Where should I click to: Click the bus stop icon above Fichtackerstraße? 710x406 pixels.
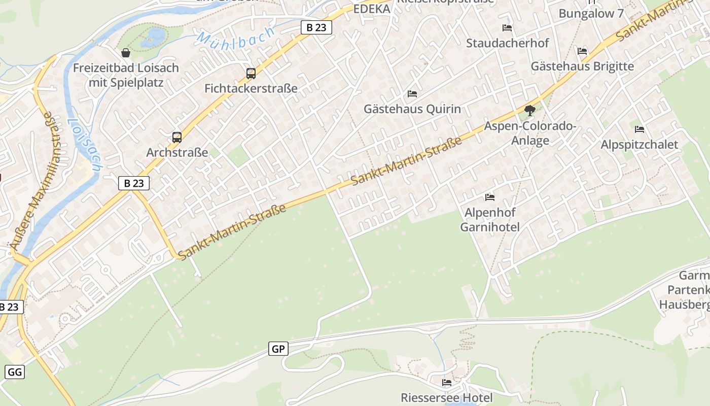(251, 74)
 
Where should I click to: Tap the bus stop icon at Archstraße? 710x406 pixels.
(177, 137)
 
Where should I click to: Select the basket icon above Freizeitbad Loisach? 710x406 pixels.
(126, 53)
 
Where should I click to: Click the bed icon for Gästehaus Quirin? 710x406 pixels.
(412, 94)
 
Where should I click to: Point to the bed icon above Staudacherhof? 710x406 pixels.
(507, 28)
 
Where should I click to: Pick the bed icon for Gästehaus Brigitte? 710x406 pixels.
(582, 51)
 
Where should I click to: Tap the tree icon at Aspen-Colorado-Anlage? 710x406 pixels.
(530, 110)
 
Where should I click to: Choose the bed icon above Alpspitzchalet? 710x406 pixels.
(640, 129)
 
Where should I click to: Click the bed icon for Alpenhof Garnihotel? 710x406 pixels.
(490, 197)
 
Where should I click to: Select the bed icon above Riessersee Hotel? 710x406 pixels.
(447, 382)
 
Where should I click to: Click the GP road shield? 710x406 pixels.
(278, 349)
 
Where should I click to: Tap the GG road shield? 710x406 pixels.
(15, 372)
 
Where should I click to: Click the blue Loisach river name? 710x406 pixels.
(84, 145)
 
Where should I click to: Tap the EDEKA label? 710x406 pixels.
(372, 9)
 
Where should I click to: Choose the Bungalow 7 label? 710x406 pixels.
(591, 14)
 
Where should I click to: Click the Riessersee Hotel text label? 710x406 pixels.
(447, 397)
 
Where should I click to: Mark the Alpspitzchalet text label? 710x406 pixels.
(639, 145)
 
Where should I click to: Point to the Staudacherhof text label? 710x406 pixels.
(507, 43)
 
